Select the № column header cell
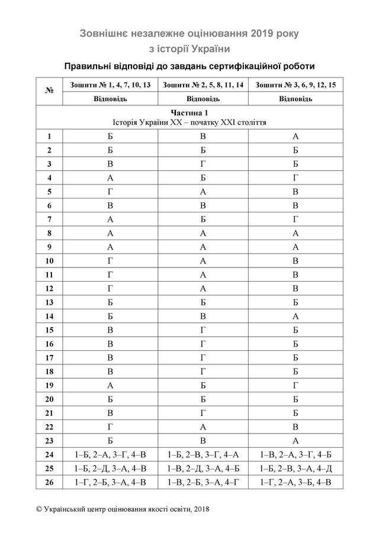[50, 91]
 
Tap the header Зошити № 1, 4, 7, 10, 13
[110, 85]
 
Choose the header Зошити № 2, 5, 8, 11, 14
[203, 85]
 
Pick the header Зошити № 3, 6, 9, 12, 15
[296, 85]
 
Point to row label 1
[50, 137]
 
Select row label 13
[50, 301]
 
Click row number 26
[50, 482]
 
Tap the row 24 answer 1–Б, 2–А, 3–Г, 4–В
[110, 455]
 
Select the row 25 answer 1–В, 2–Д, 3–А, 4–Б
[203, 469]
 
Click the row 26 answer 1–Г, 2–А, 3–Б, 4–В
[296, 482]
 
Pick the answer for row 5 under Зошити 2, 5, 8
[203, 192]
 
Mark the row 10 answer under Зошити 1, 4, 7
[110, 260]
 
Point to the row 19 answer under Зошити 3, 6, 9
[296, 383]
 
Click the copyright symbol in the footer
[39, 509]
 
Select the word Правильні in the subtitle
[87, 65]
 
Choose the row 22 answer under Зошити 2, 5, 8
[203, 425]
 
